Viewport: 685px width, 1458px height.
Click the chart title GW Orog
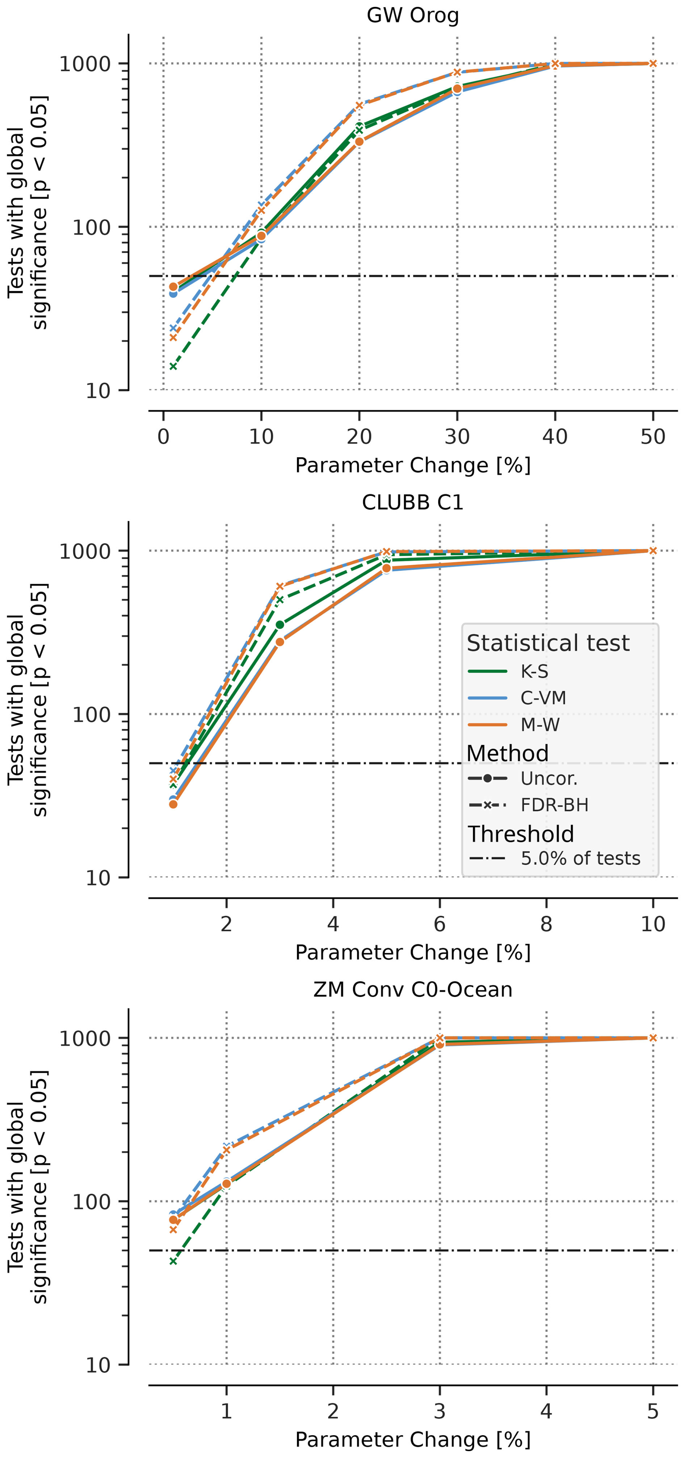[x=413, y=15]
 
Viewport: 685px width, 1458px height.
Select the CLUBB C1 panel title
[x=413, y=503]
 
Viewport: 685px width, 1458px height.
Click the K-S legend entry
[x=534, y=672]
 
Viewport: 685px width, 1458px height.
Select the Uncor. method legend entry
[x=549, y=779]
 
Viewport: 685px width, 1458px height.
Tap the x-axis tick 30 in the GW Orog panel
[x=457, y=437]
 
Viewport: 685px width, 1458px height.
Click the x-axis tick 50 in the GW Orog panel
[x=653, y=437]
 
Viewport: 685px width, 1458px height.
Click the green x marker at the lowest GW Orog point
[x=173, y=367]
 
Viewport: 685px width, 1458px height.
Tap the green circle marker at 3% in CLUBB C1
[x=280, y=625]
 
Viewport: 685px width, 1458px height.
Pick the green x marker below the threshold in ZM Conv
[x=173, y=1261]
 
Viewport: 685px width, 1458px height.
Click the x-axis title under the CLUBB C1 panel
[x=413, y=953]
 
